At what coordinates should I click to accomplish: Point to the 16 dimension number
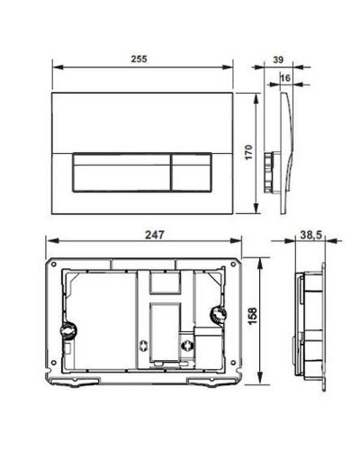click(284, 79)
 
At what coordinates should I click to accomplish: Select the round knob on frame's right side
click(215, 315)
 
